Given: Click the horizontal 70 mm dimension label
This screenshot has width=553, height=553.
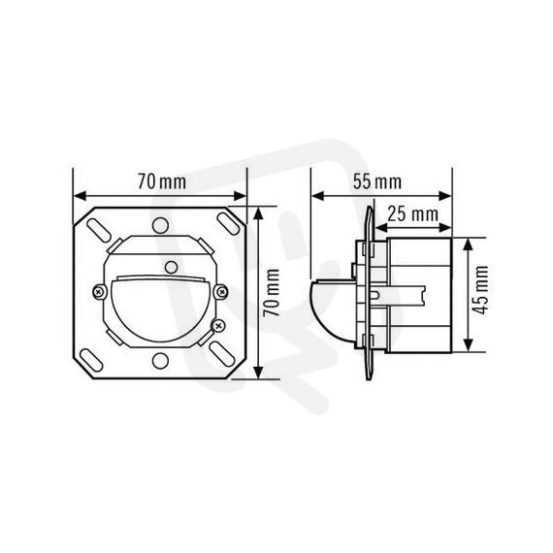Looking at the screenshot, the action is tap(161, 181).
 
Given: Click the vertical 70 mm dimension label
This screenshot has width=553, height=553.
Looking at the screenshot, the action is tap(272, 293).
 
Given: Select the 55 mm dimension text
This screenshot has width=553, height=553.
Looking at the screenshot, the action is tap(377, 181).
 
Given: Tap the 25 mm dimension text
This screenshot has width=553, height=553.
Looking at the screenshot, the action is tap(413, 214).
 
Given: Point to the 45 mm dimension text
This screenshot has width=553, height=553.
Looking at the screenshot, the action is tap(480, 290).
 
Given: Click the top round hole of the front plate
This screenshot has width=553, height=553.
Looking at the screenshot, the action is tap(160, 225).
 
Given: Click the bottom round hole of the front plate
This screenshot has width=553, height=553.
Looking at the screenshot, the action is tap(160, 361).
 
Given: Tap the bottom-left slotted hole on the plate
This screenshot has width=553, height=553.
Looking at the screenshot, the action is tap(91, 360).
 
